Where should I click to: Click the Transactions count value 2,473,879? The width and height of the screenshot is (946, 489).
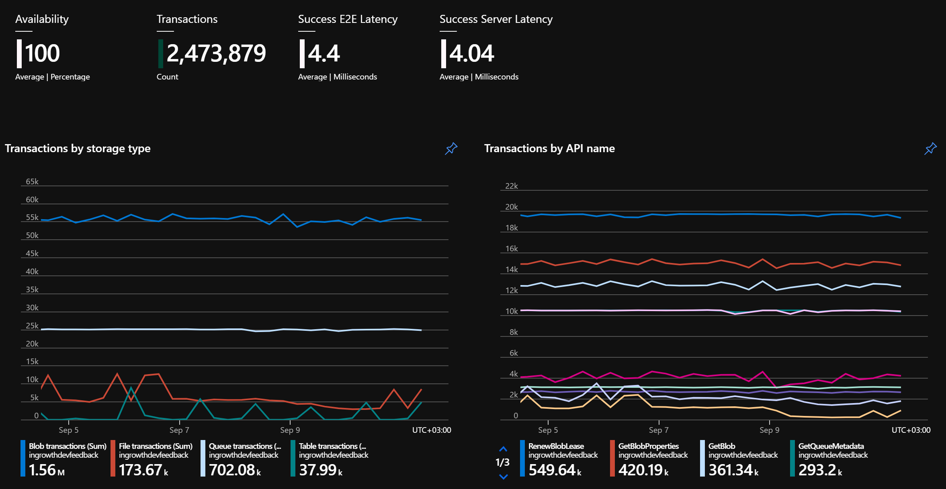(216, 54)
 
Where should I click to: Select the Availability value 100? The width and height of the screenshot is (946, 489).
(42, 53)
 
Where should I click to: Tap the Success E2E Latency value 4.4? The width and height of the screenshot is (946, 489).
(324, 53)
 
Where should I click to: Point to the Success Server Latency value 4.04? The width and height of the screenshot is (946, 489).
(472, 53)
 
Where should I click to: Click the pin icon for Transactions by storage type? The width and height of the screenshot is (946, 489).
(451, 149)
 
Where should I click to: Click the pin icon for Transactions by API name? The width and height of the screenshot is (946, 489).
(930, 149)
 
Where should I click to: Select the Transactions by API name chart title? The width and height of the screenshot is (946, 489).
(549, 149)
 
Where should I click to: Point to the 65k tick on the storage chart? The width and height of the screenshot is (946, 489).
(32, 181)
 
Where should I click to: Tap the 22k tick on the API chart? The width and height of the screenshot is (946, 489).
(512, 186)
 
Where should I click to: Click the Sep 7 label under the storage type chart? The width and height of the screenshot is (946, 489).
(179, 430)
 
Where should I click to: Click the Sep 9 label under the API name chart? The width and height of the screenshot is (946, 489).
(769, 430)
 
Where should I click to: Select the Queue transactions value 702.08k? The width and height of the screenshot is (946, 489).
(235, 470)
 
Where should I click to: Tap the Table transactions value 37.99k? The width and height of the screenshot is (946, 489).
(321, 470)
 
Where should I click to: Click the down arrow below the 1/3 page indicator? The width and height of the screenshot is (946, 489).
(503, 477)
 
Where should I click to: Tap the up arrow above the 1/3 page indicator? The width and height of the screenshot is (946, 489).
(503, 449)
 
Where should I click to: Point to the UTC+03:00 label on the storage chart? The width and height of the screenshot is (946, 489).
(432, 430)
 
